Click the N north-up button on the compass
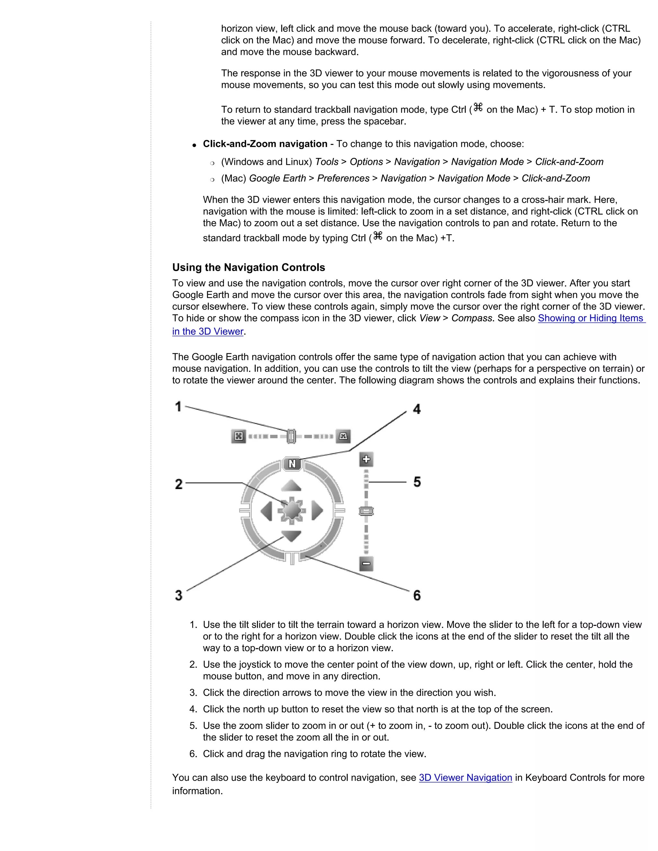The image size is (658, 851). tap(292, 464)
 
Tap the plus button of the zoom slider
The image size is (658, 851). tap(366, 460)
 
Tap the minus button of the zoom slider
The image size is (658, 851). tap(366, 564)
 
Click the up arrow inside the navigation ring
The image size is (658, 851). tap(291, 486)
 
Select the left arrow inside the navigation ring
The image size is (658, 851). tap(267, 511)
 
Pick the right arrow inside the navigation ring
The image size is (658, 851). tap(317, 511)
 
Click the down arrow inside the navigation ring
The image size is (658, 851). tap(291, 536)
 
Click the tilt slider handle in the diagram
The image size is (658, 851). tap(291, 436)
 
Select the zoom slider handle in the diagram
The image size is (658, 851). tap(366, 511)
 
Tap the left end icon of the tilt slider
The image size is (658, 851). tap(239, 436)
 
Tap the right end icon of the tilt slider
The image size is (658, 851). tap(343, 436)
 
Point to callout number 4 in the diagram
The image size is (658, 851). tap(417, 409)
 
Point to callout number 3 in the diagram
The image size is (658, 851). tap(179, 595)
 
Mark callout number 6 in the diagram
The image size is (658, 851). tap(417, 595)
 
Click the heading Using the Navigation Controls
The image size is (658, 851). tap(248, 267)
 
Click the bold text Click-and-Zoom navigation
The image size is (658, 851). tap(265, 144)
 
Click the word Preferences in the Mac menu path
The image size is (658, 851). tap(343, 178)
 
